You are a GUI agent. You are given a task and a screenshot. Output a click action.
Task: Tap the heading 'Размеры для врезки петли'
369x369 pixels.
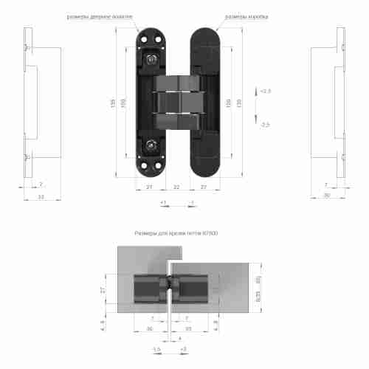(x=176, y=233)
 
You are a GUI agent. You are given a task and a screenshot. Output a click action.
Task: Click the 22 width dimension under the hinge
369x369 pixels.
(x=176, y=187)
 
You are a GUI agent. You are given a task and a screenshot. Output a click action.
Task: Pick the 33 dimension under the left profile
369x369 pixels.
(x=41, y=197)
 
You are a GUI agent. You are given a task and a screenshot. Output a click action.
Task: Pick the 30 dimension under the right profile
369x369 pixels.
(x=325, y=194)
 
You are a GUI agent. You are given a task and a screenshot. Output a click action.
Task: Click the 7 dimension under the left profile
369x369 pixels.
(x=41, y=184)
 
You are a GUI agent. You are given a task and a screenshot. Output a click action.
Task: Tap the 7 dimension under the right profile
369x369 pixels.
(x=325, y=184)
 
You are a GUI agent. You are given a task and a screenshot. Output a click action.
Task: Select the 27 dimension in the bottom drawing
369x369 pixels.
(x=104, y=290)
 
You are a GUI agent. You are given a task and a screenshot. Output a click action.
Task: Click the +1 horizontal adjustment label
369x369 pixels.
(x=162, y=201)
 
